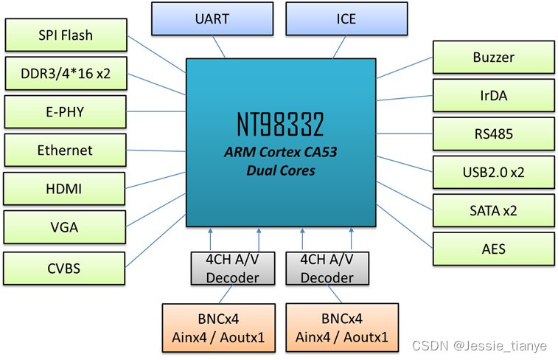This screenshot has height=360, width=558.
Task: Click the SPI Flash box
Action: (66, 35)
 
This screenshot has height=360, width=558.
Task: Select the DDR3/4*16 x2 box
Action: (66, 74)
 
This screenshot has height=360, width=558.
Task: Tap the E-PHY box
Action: (66, 112)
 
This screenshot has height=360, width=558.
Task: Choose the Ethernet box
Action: (66, 150)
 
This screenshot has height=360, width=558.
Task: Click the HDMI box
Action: (66, 190)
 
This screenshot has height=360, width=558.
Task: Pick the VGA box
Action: (66, 229)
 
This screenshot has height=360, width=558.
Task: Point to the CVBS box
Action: (66, 268)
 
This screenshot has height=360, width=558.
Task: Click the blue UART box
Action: (212, 18)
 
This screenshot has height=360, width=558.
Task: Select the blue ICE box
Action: (346, 18)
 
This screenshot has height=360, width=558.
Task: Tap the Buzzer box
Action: (493, 57)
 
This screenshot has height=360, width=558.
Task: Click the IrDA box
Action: (493, 95)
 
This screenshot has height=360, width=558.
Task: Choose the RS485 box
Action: (493, 134)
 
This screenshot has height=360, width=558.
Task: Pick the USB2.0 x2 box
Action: (493, 172)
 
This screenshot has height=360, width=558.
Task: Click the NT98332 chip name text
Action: (280, 125)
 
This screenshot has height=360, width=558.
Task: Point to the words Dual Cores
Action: (280, 171)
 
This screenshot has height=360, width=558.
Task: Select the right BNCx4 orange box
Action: (341, 328)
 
